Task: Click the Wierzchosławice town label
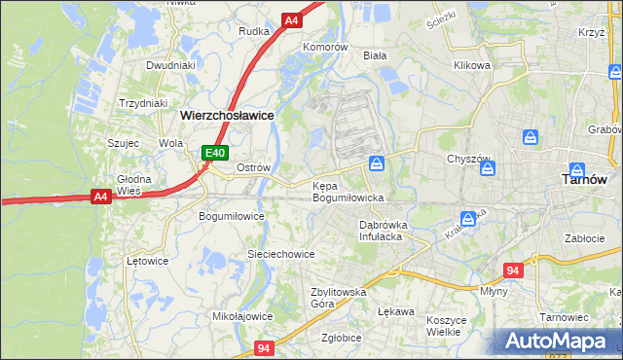pyautogui.click(x=227, y=114)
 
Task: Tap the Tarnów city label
pyautogui.click(x=586, y=179)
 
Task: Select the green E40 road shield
pyautogui.click(x=215, y=153)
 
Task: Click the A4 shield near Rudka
pyautogui.click(x=292, y=19)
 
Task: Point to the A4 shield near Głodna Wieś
pyautogui.click(x=99, y=197)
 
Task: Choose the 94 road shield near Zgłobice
pyautogui.click(x=265, y=347)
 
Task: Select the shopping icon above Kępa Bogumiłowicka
pyautogui.click(x=377, y=162)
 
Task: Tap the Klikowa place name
pyautogui.click(x=471, y=65)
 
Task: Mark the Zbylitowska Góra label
pyautogui.click(x=337, y=297)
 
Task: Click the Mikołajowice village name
pyautogui.click(x=242, y=316)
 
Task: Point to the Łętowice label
pyautogui.click(x=148, y=261)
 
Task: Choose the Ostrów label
pyautogui.click(x=253, y=167)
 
